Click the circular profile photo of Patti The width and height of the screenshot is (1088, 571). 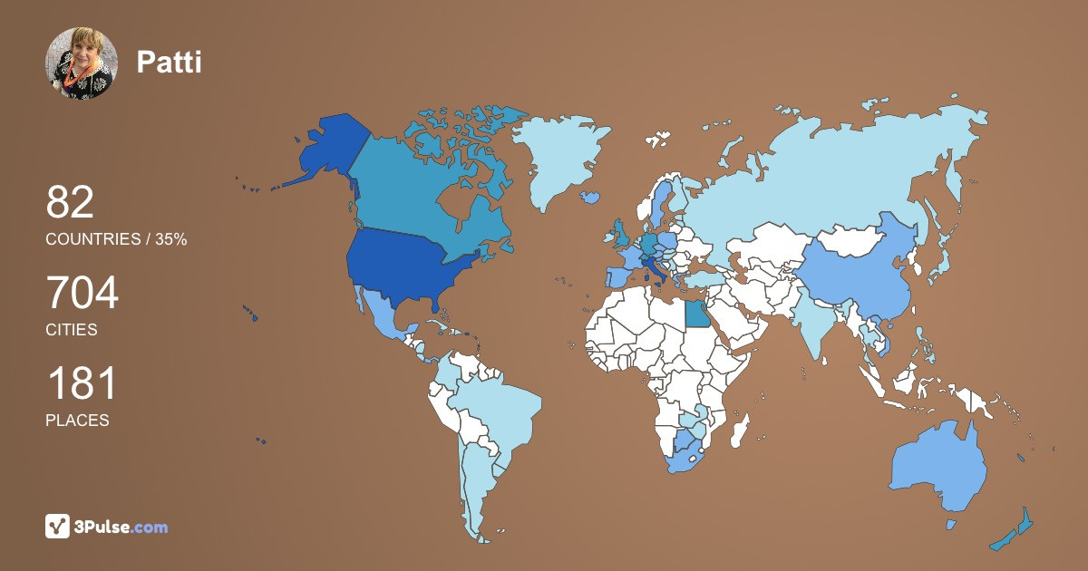[x=82, y=63]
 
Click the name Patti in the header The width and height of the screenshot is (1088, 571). [x=169, y=62]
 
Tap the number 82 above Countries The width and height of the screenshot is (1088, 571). [x=70, y=202]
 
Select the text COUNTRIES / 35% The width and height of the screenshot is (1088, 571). [x=116, y=239]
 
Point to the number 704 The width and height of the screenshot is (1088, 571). [x=83, y=293]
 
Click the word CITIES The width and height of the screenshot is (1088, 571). [x=72, y=330]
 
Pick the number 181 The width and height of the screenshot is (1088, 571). [x=82, y=383]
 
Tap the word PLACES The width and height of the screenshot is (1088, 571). [x=77, y=421]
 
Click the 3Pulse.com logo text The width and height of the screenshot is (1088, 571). [x=121, y=527]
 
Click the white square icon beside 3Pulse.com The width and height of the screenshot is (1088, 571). [x=58, y=526]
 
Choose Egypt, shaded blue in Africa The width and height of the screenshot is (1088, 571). [x=697, y=314]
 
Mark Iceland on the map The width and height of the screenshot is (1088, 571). [x=591, y=196]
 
